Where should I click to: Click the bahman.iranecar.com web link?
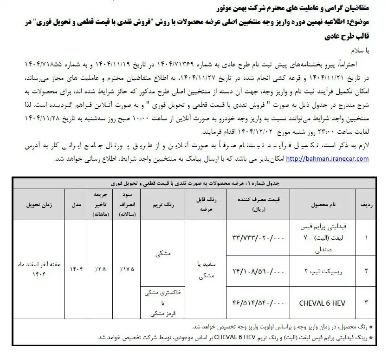tap(327, 159)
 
